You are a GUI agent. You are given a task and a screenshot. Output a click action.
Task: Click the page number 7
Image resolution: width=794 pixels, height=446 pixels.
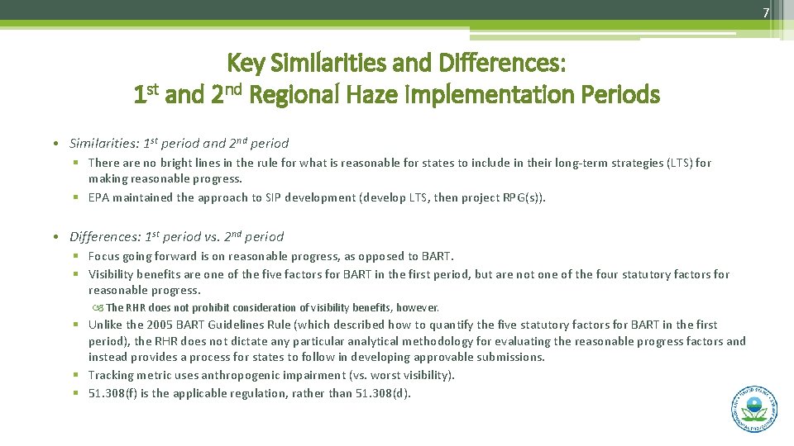click(x=765, y=12)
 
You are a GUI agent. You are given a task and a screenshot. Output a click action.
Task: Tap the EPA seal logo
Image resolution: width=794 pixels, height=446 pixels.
click(x=753, y=408)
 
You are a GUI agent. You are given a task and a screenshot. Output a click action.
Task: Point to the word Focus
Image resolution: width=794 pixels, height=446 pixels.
click(x=105, y=256)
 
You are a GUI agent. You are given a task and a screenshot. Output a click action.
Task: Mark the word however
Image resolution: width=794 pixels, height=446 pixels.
click(x=419, y=307)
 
